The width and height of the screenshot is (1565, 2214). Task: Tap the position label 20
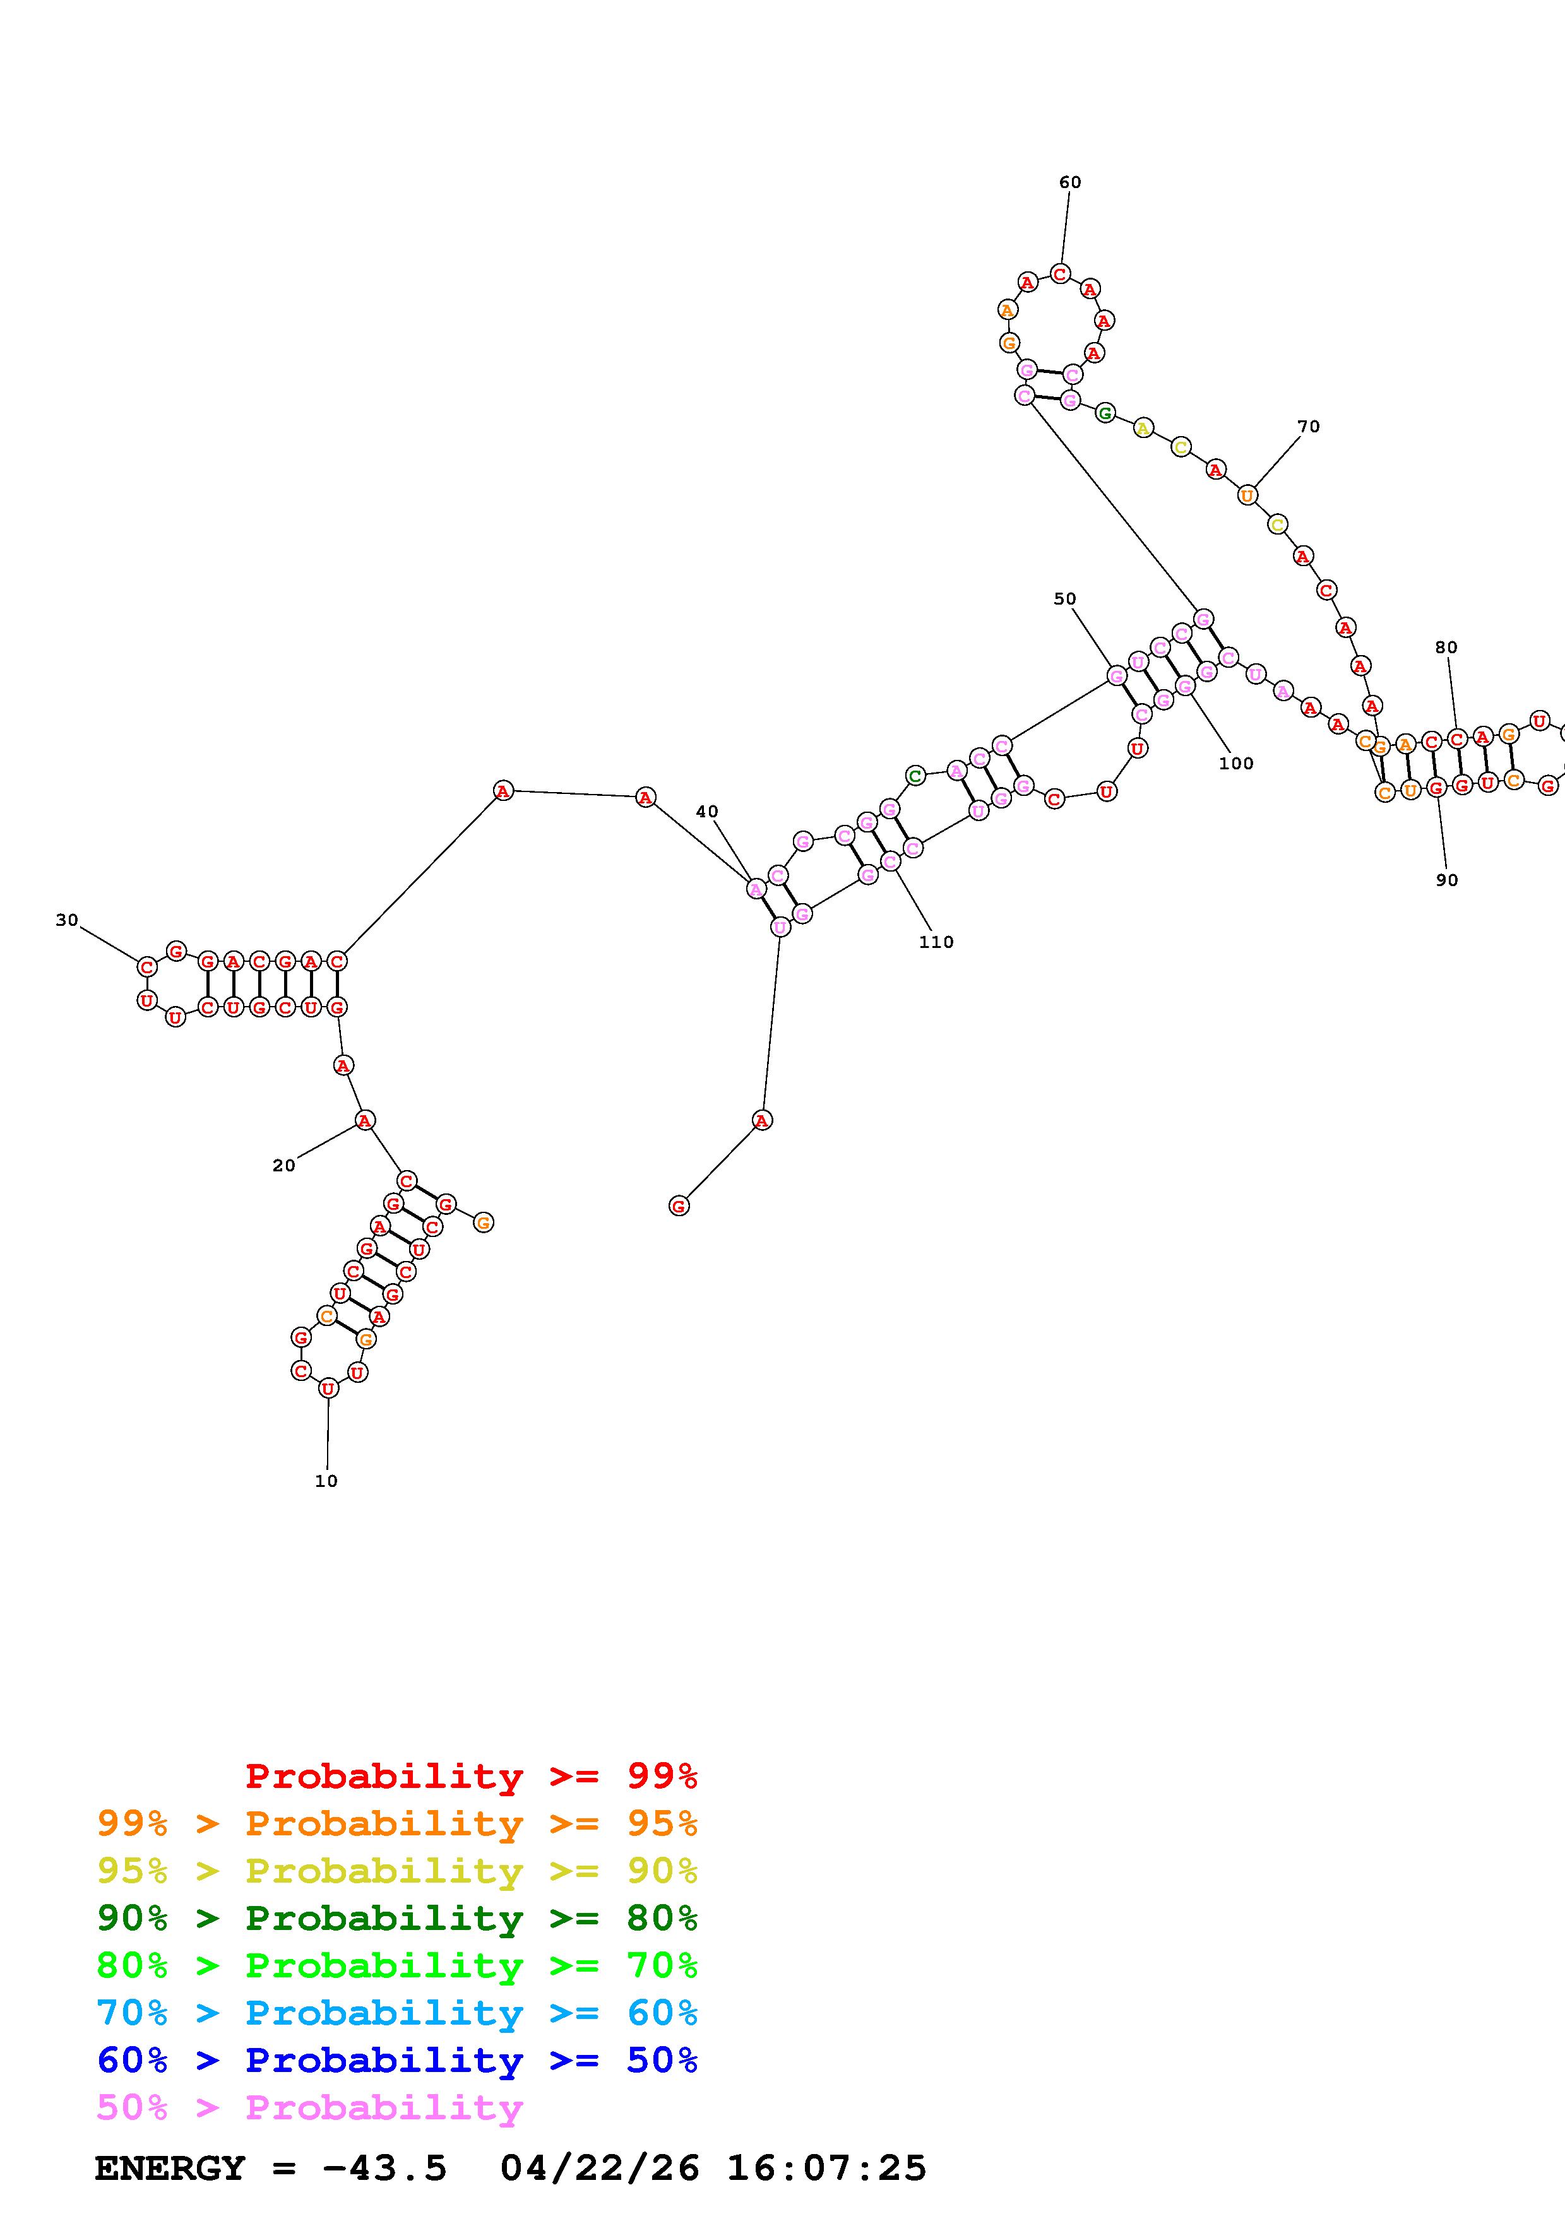coord(283,1166)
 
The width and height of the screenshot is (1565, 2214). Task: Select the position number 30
coord(66,920)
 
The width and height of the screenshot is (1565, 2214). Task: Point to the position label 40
coord(707,812)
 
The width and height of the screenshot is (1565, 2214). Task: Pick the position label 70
coord(1309,426)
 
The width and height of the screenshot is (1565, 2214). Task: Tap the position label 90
coord(1446,879)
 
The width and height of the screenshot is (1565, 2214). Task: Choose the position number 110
coord(936,942)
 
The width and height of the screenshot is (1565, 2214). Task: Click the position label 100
coord(1235,764)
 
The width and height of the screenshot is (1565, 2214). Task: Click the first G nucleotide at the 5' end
coord(679,1205)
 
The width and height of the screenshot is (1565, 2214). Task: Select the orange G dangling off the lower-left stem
coord(483,1222)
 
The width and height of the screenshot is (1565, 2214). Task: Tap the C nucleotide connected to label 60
coord(1060,274)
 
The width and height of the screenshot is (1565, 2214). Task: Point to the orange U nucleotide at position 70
coord(1247,495)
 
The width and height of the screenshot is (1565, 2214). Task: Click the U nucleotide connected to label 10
coord(328,1388)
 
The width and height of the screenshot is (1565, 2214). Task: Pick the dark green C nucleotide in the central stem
coord(915,775)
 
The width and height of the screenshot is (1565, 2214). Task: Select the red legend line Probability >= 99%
coord(470,1776)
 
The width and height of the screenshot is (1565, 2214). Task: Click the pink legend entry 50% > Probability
coord(309,2107)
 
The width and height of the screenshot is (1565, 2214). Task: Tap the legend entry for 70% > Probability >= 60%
coord(396,2013)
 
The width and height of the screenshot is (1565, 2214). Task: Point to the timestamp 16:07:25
coord(826,2168)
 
